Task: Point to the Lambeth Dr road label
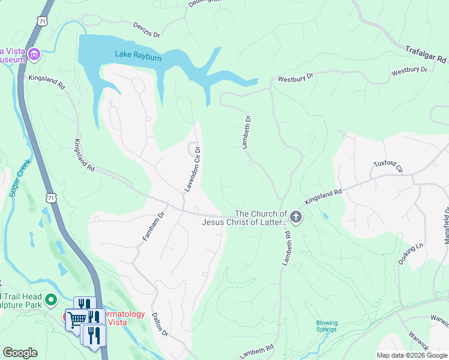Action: pos(246,132)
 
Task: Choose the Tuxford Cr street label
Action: pos(387,166)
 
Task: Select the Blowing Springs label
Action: pos(327,326)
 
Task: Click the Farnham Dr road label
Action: pos(153,227)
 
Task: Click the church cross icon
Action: pos(295,218)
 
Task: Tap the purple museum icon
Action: pos(34,56)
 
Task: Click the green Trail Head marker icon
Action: pos(51,299)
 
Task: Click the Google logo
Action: pos(20,353)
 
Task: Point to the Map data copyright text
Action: pos(412,355)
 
